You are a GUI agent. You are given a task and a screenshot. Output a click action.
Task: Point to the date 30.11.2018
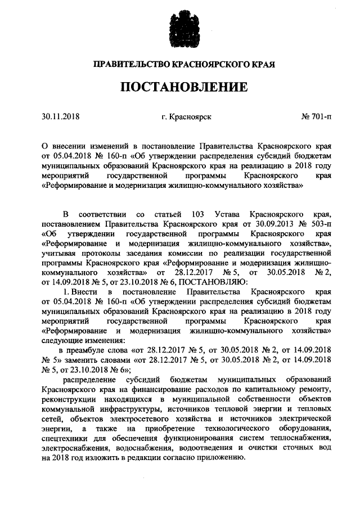(x=61, y=117)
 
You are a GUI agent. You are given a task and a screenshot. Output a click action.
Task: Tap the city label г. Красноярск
(x=186, y=117)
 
